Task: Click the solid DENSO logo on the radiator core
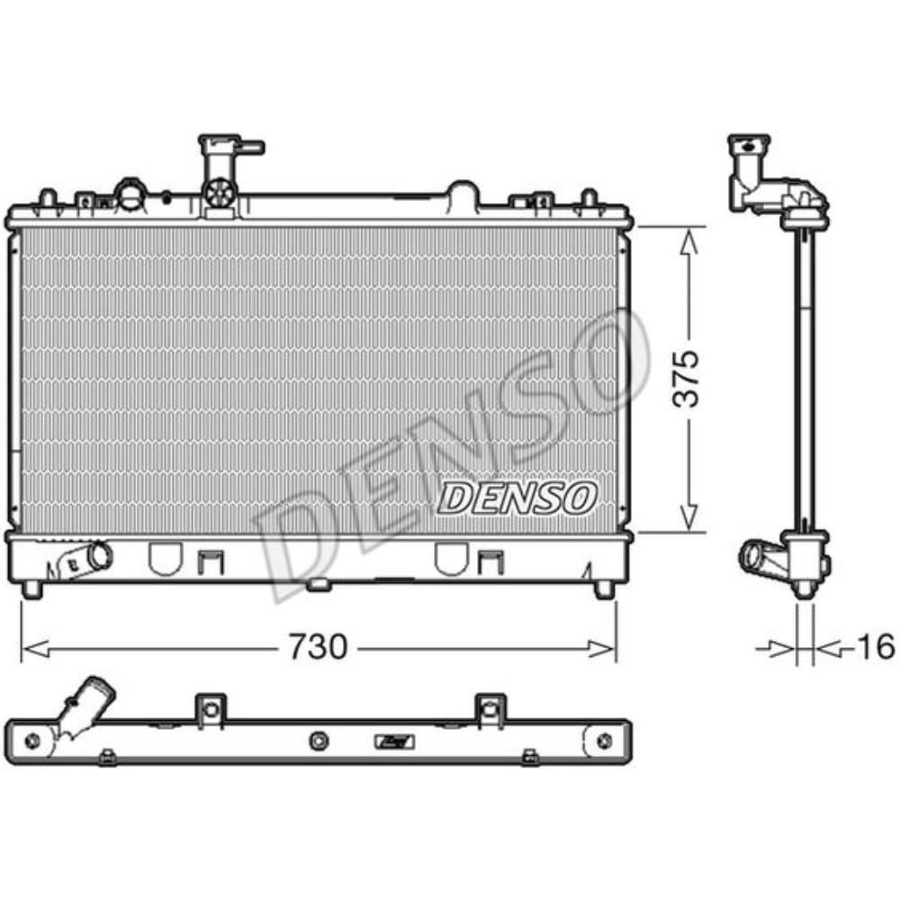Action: [517, 497]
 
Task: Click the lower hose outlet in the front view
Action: [93, 556]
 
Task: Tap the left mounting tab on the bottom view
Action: [210, 707]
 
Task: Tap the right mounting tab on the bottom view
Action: [489, 707]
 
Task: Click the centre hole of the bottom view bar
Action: [317, 740]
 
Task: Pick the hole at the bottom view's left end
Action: [33, 741]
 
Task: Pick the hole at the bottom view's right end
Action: [605, 741]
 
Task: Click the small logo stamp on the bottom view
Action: [393, 741]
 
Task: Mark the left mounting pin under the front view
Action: [32, 589]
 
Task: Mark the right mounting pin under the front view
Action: [605, 589]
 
